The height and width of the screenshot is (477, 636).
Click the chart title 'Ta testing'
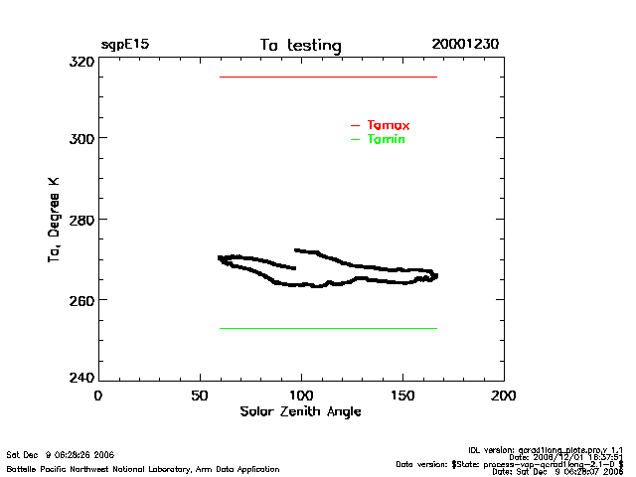click(300, 46)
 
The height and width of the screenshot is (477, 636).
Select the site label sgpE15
click(124, 45)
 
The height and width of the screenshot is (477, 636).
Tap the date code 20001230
click(465, 45)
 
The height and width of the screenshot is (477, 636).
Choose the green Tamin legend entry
click(386, 139)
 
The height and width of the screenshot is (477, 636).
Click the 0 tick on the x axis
click(97, 396)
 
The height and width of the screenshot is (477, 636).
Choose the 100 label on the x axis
click(301, 396)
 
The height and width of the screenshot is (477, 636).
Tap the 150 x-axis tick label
click(402, 396)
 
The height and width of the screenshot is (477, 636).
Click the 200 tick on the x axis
click(504, 396)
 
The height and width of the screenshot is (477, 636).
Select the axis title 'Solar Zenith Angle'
click(300, 411)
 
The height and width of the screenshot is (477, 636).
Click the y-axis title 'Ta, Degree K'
click(54, 221)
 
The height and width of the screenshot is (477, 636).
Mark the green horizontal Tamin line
click(328, 328)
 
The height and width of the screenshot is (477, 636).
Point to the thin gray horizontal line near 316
click(328, 77)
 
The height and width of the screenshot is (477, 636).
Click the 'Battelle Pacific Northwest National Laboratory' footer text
click(143, 468)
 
